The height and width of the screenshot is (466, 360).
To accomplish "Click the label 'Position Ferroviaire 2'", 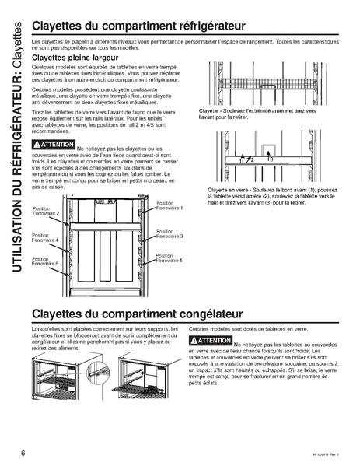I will click(46, 211).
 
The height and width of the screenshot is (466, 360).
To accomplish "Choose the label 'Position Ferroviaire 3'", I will click(170, 233).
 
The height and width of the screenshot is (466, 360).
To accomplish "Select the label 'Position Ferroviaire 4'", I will click(46, 238).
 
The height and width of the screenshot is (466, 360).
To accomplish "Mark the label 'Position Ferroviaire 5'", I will click(170, 258).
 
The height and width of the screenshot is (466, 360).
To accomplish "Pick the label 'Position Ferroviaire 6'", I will click(46, 262).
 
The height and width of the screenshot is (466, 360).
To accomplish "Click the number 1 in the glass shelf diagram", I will click(240, 160).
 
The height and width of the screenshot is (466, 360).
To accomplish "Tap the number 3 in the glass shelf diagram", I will click(270, 159).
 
